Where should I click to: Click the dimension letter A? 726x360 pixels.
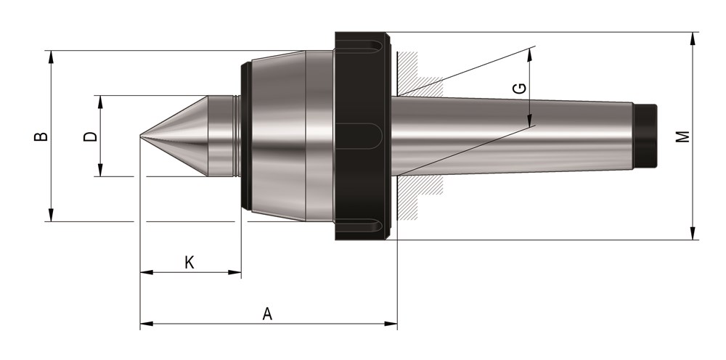pos(267,314)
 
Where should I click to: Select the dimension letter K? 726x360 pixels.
pos(189,262)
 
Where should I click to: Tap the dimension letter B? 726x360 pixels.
pos(41,136)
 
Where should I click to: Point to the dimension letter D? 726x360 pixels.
pos(90,136)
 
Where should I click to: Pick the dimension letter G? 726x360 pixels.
pos(521,89)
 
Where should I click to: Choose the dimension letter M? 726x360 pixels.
pos(683,136)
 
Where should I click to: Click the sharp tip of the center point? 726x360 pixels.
pos(141,136)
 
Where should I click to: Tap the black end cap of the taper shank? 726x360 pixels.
pos(645,136)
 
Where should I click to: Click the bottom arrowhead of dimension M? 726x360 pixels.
pos(693,233)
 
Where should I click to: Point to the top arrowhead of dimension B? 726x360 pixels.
pos(51,57)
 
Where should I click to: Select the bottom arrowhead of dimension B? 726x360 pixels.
pos(51,215)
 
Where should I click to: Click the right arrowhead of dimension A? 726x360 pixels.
pos(391,324)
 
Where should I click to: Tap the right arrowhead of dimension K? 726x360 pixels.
pos(234,272)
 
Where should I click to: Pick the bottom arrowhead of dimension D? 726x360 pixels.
pos(100,170)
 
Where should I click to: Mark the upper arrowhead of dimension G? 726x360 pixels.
pos(530,54)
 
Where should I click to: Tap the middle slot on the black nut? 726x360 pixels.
pos(359,136)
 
